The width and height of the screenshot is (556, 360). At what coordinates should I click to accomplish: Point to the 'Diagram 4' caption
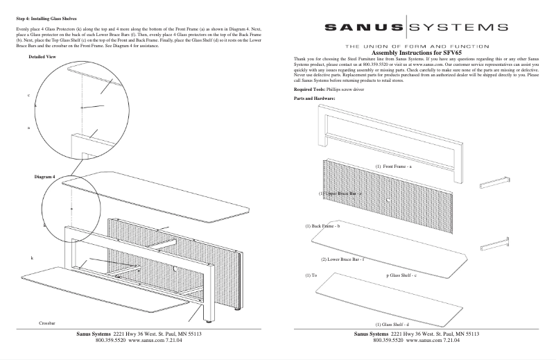point(44,177)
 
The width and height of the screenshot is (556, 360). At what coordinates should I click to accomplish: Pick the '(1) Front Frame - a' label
point(394,166)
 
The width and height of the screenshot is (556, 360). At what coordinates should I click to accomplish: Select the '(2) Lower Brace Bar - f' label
point(342,259)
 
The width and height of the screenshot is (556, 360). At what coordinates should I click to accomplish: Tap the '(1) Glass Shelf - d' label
point(392,324)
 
